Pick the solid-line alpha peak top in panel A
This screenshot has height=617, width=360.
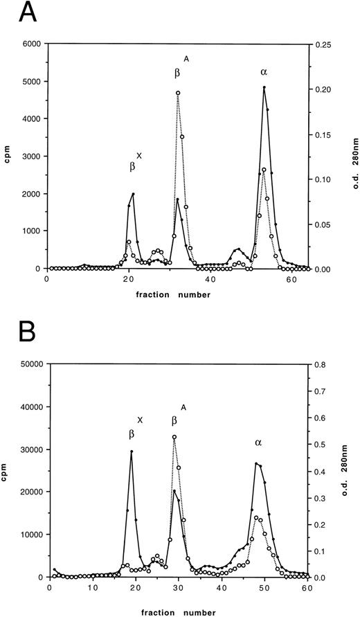pyautogui.click(x=264, y=88)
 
